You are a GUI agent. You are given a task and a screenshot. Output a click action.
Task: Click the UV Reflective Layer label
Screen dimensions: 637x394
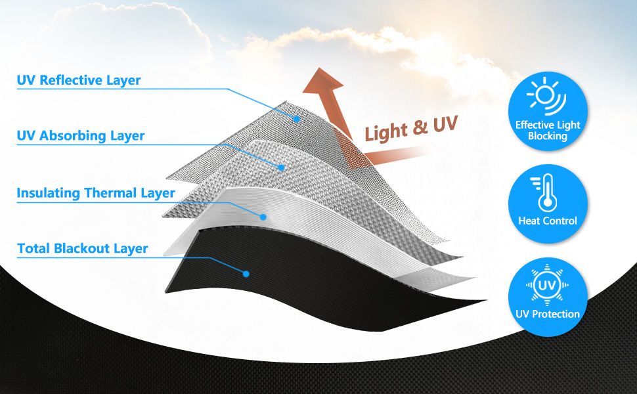coord(79,80)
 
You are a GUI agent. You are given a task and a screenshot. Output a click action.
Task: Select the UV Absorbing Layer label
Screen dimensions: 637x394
coord(80,136)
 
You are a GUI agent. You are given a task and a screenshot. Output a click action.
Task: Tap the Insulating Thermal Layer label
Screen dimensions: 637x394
coord(96,193)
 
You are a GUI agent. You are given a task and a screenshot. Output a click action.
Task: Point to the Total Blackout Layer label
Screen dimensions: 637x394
coord(83,248)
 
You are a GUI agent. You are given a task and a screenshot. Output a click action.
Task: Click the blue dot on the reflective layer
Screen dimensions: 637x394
coord(297,119)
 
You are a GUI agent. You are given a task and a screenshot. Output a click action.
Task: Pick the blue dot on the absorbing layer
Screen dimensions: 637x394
coord(281,167)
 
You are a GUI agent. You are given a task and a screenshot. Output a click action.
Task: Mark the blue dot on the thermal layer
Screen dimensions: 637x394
coord(263,217)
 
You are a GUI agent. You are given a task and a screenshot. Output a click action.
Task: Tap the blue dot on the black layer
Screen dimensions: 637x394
coord(246,274)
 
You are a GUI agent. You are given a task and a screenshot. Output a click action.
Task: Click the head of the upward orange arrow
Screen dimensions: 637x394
coord(323,81)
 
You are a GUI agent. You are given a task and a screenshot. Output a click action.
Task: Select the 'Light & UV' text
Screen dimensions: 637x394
coord(411,128)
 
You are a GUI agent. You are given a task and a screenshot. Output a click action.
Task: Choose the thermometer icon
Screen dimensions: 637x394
coord(544,192)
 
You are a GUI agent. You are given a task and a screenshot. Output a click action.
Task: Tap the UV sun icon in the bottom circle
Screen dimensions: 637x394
coord(547,285)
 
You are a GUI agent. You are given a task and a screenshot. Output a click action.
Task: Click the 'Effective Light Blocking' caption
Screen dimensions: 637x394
coord(548,131)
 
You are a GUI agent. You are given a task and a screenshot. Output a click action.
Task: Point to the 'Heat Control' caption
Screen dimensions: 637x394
coord(548,221)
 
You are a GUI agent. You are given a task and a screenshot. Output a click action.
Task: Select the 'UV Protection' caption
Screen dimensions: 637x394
coord(548,314)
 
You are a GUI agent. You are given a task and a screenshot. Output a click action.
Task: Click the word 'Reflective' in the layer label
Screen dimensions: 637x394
coord(71,80)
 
